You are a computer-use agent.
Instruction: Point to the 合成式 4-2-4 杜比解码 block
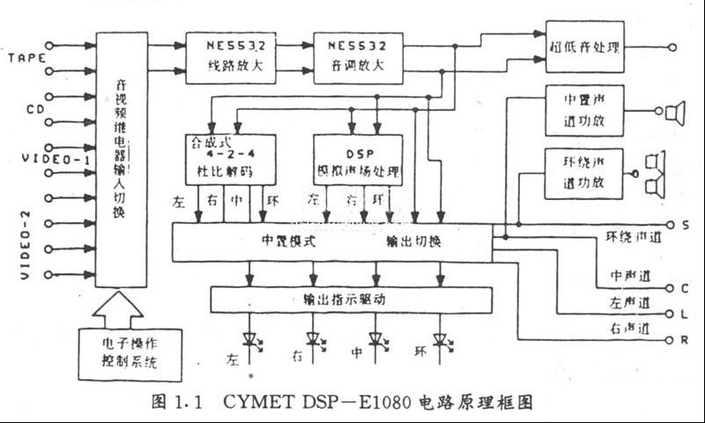[x=228, y=156]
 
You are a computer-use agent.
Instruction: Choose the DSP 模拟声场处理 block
[x=358, y=157]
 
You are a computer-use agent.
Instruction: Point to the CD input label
[x=35, y=109]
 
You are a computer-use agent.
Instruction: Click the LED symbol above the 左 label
[x=251, y=339]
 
